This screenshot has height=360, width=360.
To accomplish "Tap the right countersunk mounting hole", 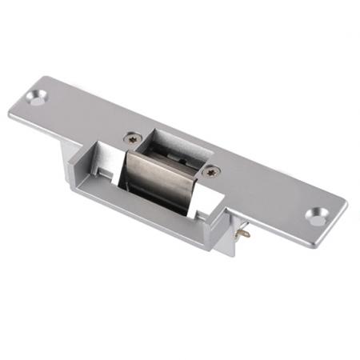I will click(318, 217).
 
